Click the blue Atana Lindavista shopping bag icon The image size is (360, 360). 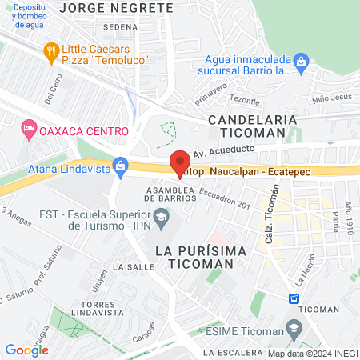pyautogui.click(x=120, y=167)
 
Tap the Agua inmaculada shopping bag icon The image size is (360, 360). pyautogui.click(x=301, y=60)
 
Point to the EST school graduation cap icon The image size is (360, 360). pyautogui.click(x=162, y=215)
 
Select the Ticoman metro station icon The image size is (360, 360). pyautogui.click(x=294, y=298)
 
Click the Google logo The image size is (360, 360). pyautogui.click(x=26, y=350)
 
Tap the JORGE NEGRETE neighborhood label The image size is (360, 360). pyautogui.click(x=117, y=7)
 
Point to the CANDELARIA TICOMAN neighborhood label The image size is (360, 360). pyautogui.click(x=253, y=126)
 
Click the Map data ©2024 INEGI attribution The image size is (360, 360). pyautogui.click(x=312, y=353)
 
